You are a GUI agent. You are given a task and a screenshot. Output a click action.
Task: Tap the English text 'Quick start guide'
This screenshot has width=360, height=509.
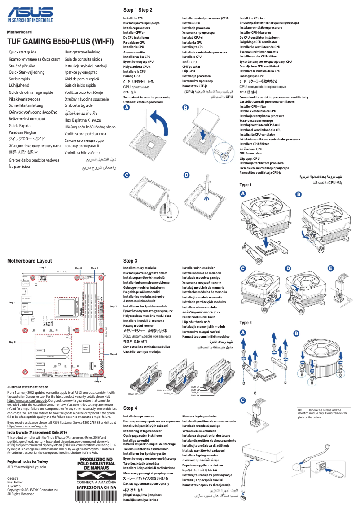coord(26,53)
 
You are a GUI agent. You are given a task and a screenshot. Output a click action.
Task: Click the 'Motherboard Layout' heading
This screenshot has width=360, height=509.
coord(30,260)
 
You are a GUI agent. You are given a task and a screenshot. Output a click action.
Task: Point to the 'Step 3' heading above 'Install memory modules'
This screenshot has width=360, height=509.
coord(130,261)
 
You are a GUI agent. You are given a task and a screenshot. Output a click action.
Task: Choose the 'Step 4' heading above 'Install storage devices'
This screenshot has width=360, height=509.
coord(130,408)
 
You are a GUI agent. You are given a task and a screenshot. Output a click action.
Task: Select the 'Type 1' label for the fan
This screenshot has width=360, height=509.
coord(246,185)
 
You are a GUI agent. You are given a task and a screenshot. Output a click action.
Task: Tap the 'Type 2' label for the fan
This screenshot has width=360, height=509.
coord(246,323)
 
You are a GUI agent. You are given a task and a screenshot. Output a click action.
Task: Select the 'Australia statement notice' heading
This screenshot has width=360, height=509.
coord(28,387)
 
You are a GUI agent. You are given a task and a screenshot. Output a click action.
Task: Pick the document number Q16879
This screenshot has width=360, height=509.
coord(13,479)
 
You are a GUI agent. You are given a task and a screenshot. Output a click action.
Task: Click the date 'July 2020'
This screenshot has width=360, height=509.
coord(14,486)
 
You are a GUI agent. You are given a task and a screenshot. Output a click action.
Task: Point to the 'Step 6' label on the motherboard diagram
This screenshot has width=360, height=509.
coord(97,382)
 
